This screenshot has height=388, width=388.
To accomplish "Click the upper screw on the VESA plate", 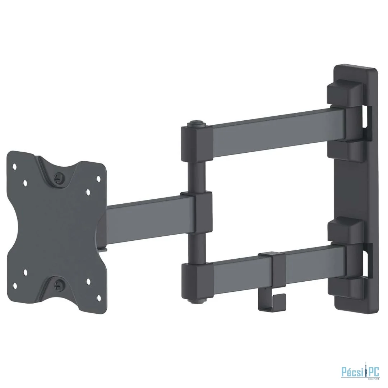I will point(57,177).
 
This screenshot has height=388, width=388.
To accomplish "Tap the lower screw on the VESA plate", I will point(57,286).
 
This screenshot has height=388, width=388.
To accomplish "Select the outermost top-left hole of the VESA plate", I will point(15,166).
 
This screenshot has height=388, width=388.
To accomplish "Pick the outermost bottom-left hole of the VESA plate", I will point(15,286).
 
